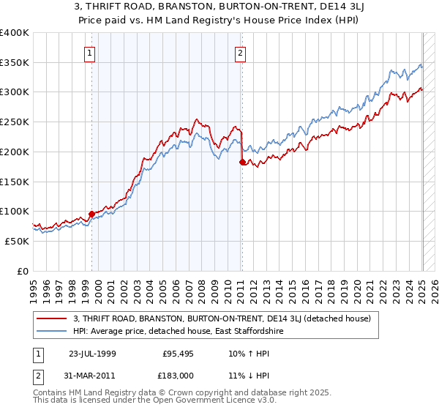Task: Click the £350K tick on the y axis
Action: coord(14,63)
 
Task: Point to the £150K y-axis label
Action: coord(14,182)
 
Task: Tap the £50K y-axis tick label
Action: coord(17,241)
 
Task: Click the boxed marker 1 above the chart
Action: coord(89,52)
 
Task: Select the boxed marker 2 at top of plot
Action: coord(240,52)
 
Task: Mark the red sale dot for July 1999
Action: coord(92,214)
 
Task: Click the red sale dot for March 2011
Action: coord(243,163)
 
